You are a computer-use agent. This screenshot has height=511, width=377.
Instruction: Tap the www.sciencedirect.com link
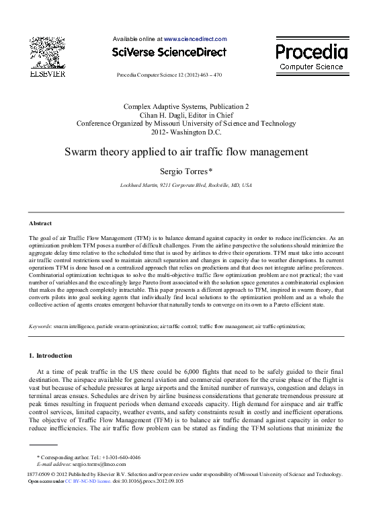pyautogui.click(x=196, y=39)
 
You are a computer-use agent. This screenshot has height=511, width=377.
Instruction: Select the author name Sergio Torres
pyautogui.click(x=185, y=171)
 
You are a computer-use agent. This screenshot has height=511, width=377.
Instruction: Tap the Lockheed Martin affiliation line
pyautogui.click(x=185, y=184)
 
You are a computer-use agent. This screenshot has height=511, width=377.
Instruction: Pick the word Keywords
pyautogui.click(x=40, y=325)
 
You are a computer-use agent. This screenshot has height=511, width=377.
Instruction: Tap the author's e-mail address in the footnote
pyautogui.click(x=99, y=464)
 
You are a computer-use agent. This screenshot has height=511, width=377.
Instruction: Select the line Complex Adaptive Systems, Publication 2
pyautogui.click(x=185, y=106)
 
